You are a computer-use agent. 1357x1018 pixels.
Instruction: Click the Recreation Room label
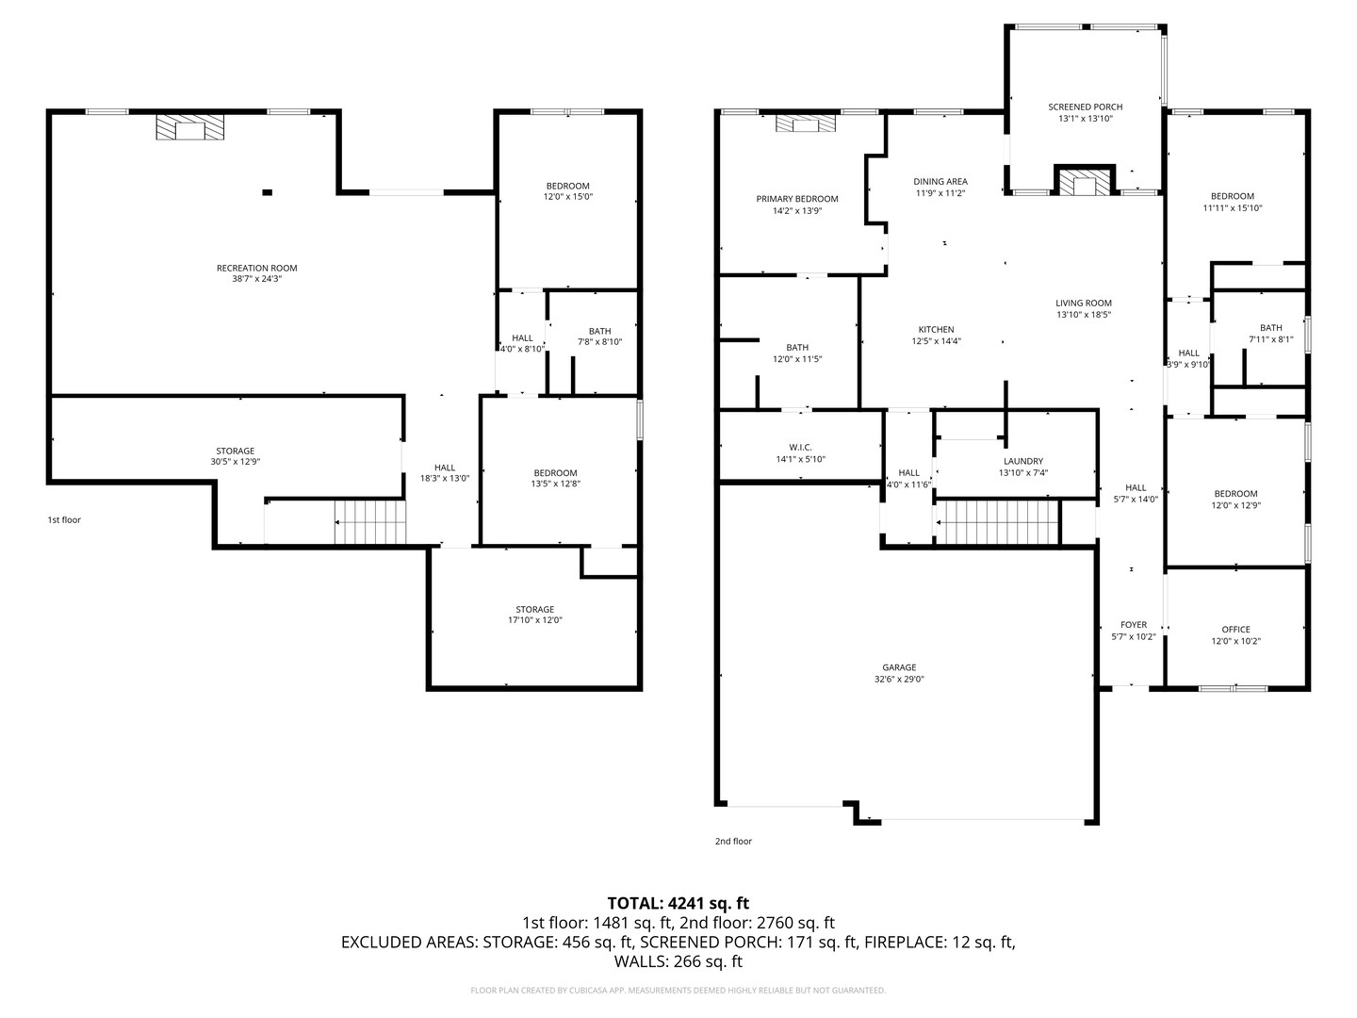[x=256, y=268]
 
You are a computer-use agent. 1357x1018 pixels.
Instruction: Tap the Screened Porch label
[x=1085, y=107]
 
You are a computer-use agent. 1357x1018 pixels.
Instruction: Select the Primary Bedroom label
[x=797, y=199]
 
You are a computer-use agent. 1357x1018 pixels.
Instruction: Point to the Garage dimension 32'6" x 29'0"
[x=899, y=679]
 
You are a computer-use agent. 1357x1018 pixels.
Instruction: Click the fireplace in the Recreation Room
[x=189, y=126]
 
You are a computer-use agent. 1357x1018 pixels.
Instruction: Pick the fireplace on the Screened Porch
[x=1085, y=181]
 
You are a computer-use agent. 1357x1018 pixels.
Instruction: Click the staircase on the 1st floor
[x=370, y=522]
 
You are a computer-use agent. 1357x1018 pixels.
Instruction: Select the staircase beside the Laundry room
[x=998, y=522]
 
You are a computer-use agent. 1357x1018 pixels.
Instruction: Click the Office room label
[x=1235, y=630]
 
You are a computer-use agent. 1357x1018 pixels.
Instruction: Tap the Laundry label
[x=1023, y=461]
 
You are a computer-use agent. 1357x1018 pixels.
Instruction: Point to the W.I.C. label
[x=801, y=447]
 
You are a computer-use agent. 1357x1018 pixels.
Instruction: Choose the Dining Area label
[x=940, y=182]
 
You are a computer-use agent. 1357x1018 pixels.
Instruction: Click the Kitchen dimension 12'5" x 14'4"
[x=936, y=341]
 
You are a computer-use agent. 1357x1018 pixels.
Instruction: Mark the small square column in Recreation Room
[x=267, y=192]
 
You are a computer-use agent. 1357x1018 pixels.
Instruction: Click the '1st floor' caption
[x=64, y=519]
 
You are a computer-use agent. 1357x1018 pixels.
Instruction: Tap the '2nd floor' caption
[x=733, y=841]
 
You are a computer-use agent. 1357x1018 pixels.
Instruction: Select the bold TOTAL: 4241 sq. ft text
[x=678, y=903]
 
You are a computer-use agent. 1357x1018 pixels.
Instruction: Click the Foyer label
[x=1134, y=625]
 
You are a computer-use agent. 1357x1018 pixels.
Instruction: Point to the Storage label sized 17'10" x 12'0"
[x=534, y=610]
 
